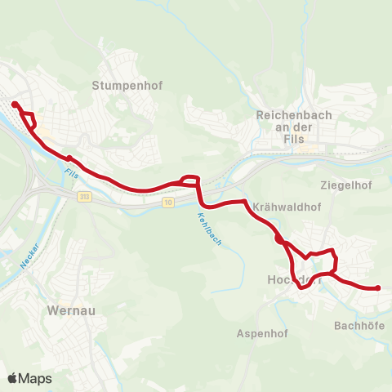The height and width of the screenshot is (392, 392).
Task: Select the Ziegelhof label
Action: [346, 185]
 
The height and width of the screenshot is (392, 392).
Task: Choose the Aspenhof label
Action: [259, 333]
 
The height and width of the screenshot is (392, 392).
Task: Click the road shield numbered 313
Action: [85, 197]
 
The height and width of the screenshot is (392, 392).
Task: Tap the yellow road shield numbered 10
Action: [167, 203]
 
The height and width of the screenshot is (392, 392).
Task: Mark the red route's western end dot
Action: [15, 104]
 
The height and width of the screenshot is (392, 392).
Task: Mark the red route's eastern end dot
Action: [378, 287]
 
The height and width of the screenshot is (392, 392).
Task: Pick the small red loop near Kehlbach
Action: [189, 180]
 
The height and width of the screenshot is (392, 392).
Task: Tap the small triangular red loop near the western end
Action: [30, 120]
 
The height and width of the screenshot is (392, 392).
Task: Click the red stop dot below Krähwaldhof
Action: [278, 239]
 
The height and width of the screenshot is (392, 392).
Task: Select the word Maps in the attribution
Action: [36, 379]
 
